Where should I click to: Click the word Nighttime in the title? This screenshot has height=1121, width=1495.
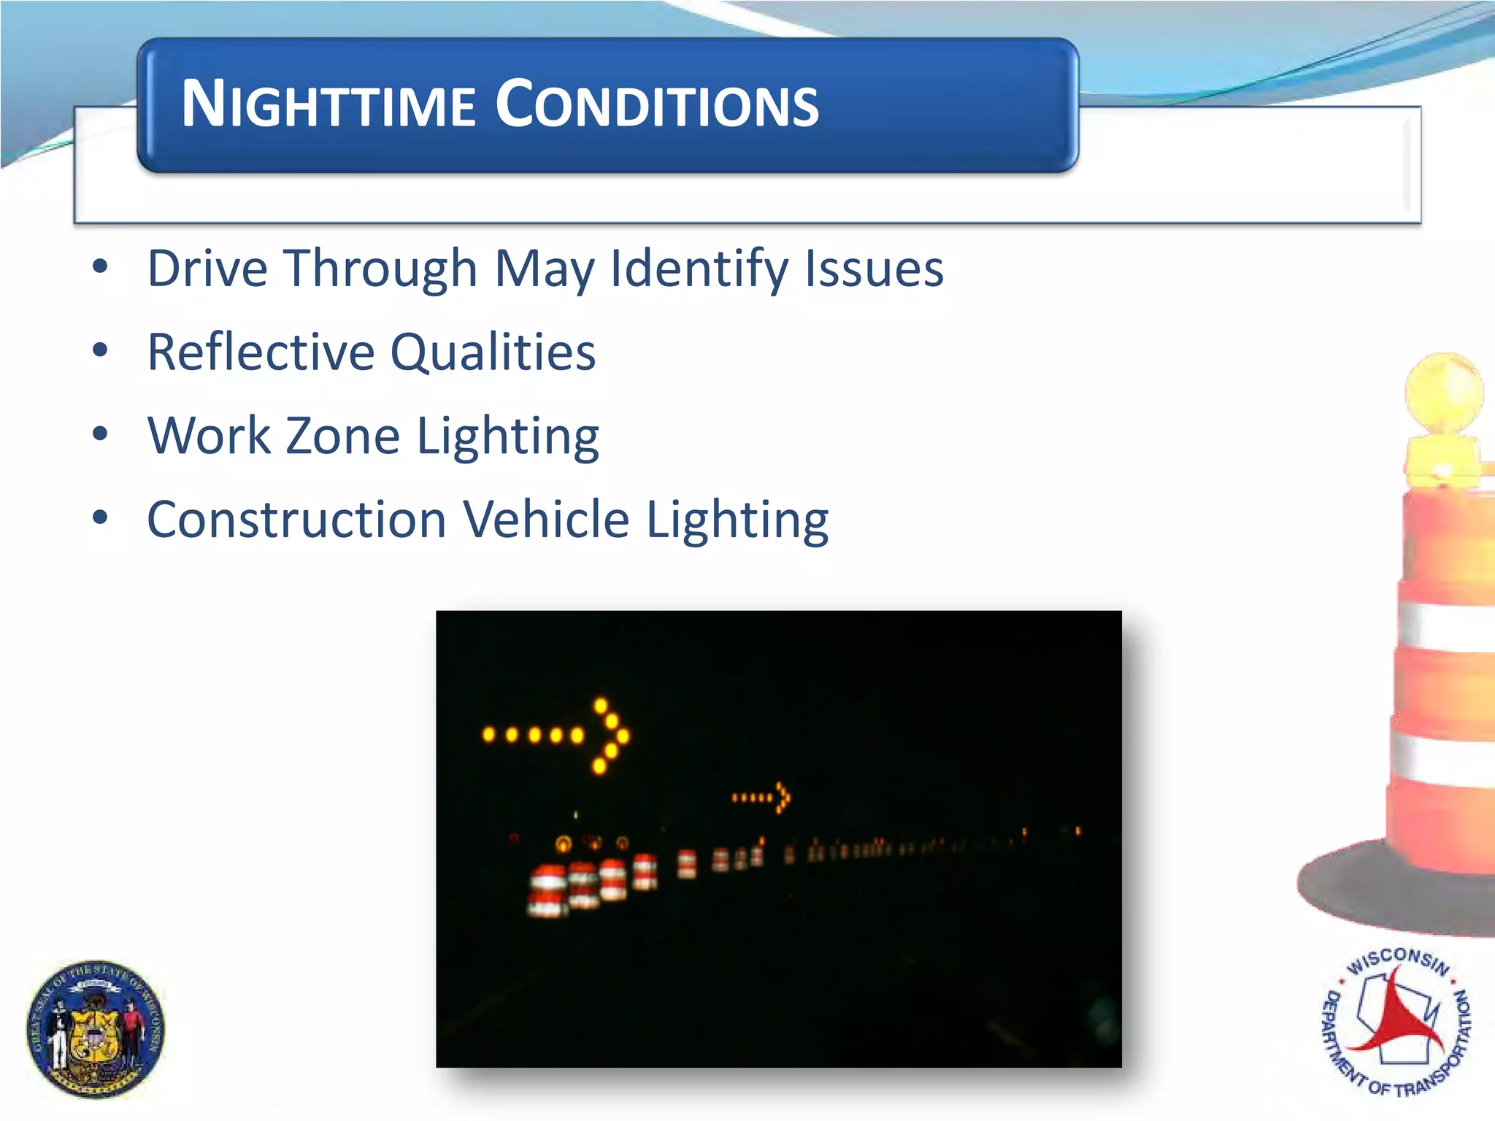point(328,104)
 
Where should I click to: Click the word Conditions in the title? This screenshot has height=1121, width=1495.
point(657,104)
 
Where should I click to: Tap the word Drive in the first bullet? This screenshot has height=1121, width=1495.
point(208,269)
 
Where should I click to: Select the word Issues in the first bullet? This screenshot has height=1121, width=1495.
point(874,269)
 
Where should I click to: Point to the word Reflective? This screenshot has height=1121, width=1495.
point(261,352)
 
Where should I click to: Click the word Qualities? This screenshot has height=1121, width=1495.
point(493,352)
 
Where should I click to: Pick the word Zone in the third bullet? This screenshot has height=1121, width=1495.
point(342,436)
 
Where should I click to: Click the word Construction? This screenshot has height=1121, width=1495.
point(296,520)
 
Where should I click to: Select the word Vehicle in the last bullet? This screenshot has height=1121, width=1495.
point(546,520)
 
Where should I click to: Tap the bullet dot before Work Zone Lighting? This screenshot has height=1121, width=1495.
point(100,434)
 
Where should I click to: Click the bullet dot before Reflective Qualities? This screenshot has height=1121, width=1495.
point(100,350)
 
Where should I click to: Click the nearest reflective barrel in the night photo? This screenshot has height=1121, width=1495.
point(547,890)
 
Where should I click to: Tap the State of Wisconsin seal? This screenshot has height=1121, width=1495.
point(96,1029)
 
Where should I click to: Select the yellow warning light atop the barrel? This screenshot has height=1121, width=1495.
point(1444,398)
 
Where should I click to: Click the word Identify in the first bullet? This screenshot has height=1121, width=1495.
point(699,269)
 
